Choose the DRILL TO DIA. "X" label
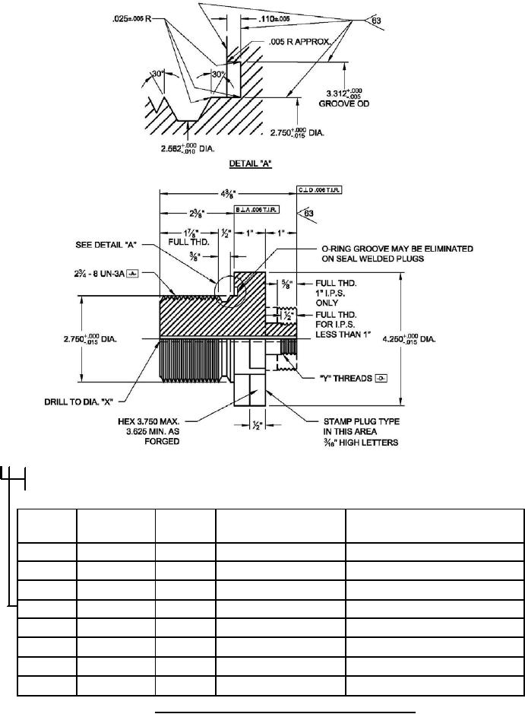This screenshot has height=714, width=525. pos(83,398)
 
